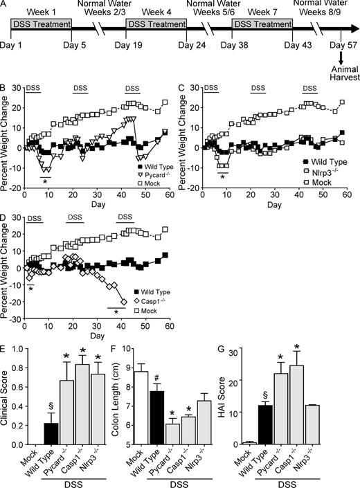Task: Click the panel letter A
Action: [6, 6]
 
